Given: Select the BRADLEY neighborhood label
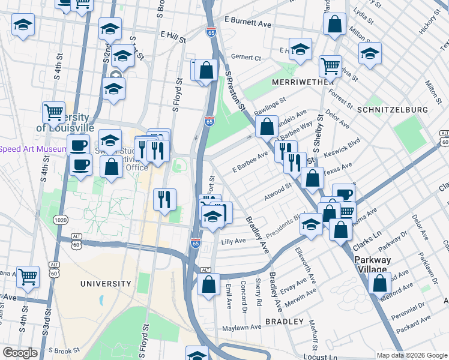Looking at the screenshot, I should point(284,322).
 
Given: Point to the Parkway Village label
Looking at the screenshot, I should point(372,265).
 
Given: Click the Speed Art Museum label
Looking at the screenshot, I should point(33,149).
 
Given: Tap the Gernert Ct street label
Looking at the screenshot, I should point(246,58).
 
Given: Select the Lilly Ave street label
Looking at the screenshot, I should point(234,241).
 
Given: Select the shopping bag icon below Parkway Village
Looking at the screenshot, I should point(379,282).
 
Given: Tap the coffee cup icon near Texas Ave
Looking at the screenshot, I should point(343,193).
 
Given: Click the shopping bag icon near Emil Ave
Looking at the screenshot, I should point(208,284).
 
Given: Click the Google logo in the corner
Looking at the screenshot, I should point(20,353).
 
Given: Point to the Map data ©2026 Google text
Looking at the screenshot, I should point(411,355).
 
